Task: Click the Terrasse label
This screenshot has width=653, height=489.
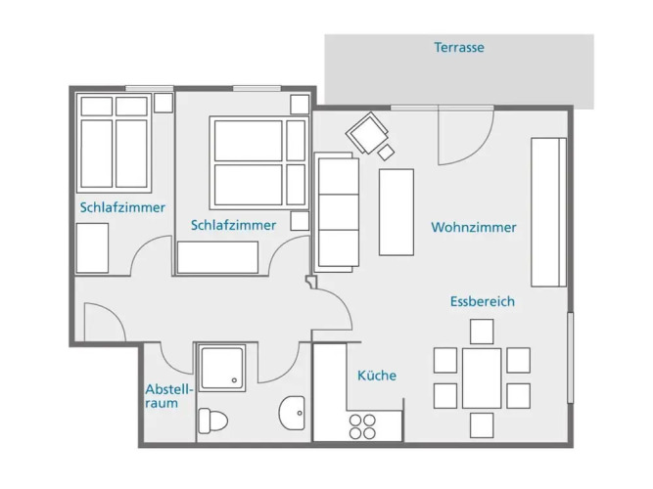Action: point(459,48)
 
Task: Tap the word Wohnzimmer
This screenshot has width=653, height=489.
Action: point(474,227)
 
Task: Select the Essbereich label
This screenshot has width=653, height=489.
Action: point(483,301)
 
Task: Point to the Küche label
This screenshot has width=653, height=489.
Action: point(377,376)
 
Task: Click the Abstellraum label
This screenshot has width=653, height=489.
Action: point(168,396)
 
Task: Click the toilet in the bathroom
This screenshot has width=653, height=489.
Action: point(212,421)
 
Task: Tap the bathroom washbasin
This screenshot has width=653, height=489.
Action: point(292,414)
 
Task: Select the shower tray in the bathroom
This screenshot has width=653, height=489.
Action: point(222,368)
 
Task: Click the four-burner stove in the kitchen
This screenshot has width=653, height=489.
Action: point(362,426)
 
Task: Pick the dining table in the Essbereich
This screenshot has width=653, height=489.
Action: point(482,378)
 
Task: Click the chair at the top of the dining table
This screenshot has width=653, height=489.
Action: point(482,332)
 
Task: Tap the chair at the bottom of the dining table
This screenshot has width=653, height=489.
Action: point(482,425)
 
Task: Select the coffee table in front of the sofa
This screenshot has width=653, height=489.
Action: point(396,212)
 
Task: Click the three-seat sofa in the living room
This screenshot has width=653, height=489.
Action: point(337,212)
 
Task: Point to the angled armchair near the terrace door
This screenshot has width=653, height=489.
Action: point(367,133)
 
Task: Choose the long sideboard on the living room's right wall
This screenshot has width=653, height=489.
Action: point(548,212)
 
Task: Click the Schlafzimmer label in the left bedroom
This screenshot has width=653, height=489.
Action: point(122,207)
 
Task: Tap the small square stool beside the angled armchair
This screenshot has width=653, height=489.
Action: point(386,152)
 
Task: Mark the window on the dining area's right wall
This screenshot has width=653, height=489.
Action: point(570,358)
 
